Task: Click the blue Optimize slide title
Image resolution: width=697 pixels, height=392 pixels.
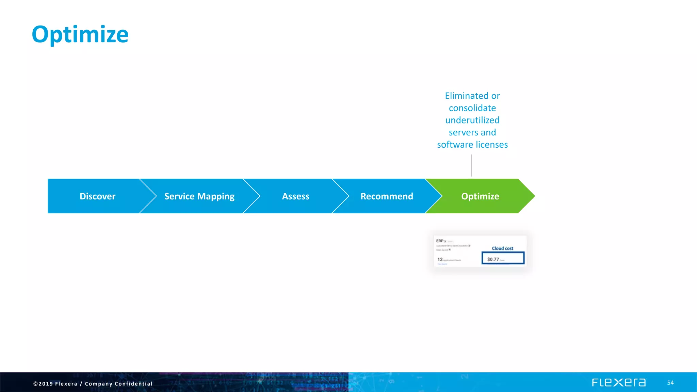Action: click(80, 34)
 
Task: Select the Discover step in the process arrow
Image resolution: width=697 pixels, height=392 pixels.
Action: click(97, 196)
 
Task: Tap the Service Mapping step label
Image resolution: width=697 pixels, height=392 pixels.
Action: click(199, 196)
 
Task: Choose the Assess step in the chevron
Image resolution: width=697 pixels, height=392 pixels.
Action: click(295, 196)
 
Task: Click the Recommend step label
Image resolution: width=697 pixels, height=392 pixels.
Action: click(387, 196)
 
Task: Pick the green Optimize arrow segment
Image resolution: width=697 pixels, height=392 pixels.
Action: click(480, 196)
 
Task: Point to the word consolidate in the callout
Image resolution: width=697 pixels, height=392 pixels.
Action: click(472, 108)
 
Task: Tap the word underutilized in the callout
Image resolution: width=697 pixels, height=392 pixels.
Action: click(472, 120)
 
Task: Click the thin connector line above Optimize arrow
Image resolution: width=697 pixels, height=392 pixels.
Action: click(472, 165)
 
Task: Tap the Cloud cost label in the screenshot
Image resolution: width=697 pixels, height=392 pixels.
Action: click(502, 248)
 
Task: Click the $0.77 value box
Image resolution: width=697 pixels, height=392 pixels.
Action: click(503, 258)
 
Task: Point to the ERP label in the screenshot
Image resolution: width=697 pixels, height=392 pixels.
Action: click(440, 241)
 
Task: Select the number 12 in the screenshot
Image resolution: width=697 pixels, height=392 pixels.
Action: click(440, 259)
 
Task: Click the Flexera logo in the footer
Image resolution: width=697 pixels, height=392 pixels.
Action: click(618, 383)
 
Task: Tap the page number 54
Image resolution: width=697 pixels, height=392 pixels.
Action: click(670, 383)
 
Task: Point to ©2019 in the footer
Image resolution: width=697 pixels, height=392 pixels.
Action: click(43, 384)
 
